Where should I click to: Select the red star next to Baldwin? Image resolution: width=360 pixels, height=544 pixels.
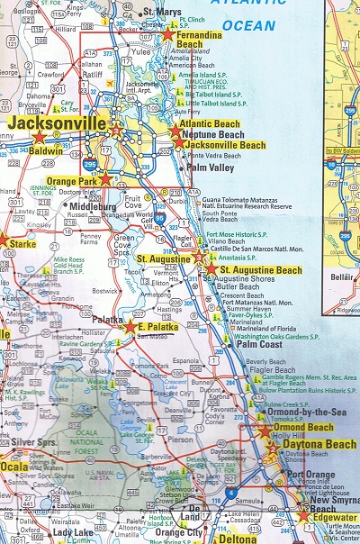(38, 137)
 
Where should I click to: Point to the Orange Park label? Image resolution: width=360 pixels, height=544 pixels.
(71, 180)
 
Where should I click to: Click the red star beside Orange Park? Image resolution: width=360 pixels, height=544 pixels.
(105, 179)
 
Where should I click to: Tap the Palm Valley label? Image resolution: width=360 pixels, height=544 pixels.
(211, 168)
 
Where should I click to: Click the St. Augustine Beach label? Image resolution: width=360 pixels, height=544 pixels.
(261, 270)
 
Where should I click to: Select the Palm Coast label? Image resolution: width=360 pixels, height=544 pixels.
(260, 345)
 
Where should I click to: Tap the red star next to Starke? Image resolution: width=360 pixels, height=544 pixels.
(2, 240)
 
